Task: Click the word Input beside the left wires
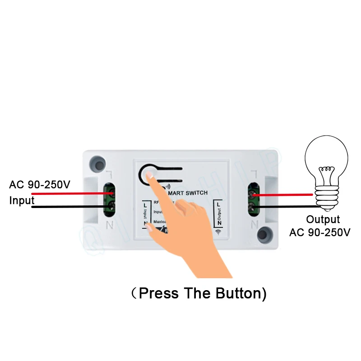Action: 22,200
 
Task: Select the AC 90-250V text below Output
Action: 320,232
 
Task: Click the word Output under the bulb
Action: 323,220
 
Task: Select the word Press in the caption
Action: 159,293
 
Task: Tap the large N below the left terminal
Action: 109,224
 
